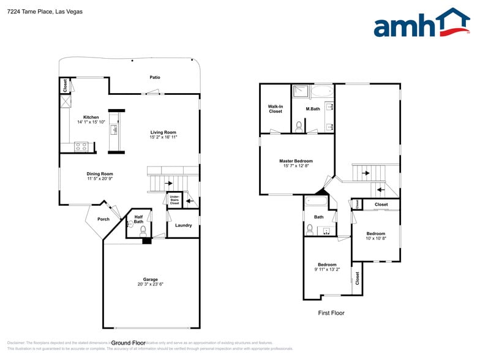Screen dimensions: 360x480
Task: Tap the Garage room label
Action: tap(151, 279)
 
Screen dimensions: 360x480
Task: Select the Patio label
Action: tap(155, 77)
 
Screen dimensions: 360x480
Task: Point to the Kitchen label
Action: tap(91, 117)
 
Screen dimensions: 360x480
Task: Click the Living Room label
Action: tap(163, 132)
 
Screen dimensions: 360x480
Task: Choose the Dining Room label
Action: tap(99, 173)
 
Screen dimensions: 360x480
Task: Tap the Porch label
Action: tap(103, 219)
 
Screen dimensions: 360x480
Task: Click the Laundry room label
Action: tap(183, 225)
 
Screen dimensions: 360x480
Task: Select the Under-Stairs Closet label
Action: tap(174, 200)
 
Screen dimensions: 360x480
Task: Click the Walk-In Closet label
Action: tap(276, 109)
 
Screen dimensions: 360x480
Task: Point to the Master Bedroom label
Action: tap(296, 161)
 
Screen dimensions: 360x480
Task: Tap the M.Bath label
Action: tap(313, 109)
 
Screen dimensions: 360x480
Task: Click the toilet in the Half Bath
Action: tap(143, 231)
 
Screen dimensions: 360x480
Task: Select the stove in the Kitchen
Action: tap(81, 146)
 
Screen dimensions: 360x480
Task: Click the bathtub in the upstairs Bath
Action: tap(317, 201)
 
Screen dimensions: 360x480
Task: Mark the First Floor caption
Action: tap(331, 313)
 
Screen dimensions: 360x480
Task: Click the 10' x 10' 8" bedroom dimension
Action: tap(376, 239)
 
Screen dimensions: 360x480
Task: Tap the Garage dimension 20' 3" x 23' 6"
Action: tap(151, 284)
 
